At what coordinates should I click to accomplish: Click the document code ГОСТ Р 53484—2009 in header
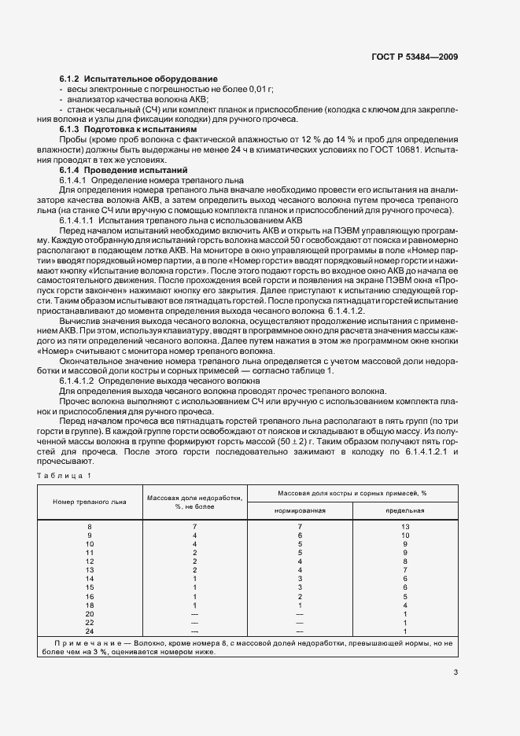click(x=415, y=57)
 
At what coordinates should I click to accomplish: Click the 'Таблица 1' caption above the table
click(x=67, y=476)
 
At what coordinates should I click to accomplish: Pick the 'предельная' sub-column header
click(x=404, y=510)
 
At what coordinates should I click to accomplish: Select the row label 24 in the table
click(x=90, y=631)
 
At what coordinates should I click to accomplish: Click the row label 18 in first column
click(x=90, y=605)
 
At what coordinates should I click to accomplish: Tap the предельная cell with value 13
click(x=404, y=525)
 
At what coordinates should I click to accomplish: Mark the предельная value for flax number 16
click(x=404, y=596)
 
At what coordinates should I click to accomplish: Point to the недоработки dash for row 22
click(x=194, y=622)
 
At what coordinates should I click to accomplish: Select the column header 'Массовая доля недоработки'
click(x=194, y=501)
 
